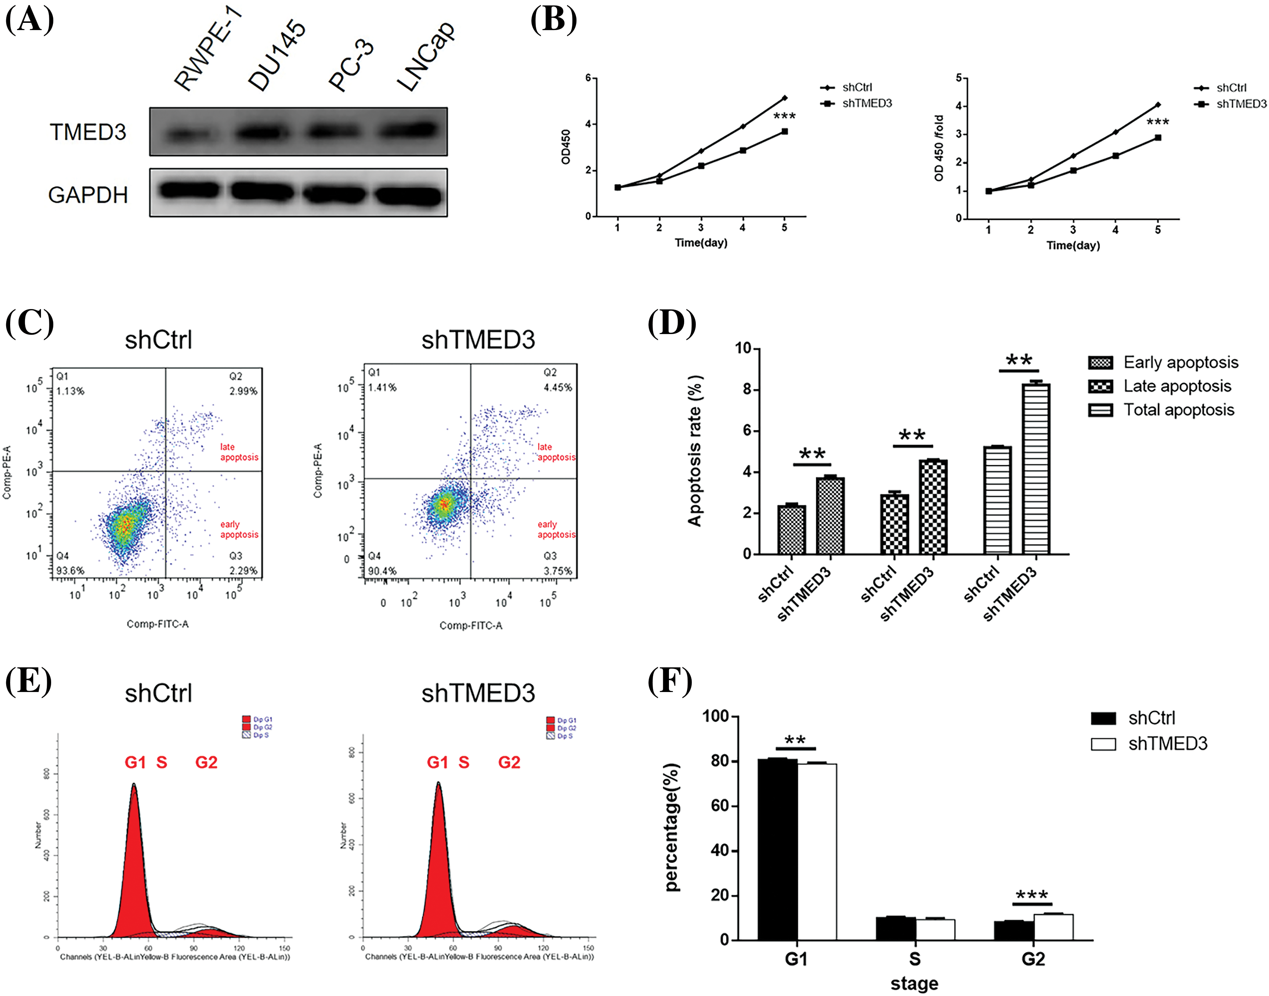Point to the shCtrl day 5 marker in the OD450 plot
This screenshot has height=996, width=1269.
(785, 98)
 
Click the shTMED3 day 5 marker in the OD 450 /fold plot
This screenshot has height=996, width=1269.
(1158, 138)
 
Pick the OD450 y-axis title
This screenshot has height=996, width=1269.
(565, 147)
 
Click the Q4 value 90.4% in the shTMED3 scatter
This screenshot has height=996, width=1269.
(382, 571)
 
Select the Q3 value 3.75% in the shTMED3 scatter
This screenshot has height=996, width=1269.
(558, 571)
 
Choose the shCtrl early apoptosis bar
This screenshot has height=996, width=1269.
(792, 529)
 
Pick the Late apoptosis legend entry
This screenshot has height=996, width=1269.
(1177, 386)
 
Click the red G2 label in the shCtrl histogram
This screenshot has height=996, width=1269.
(206, 762)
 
